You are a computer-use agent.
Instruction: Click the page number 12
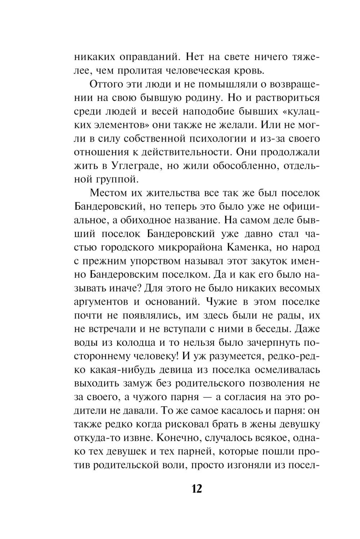(197, 489)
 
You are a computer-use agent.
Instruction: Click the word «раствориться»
(284, 97)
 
